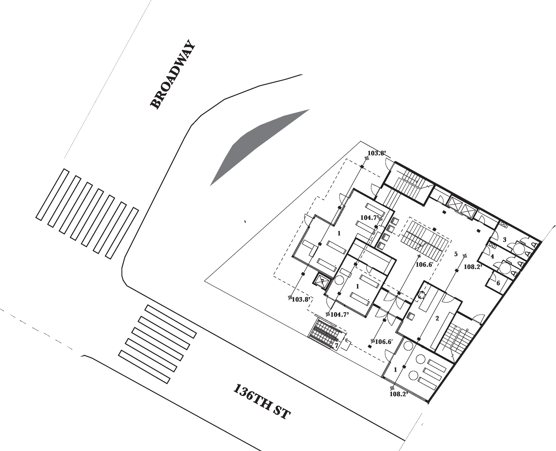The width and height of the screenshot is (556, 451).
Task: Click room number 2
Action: (437, 318)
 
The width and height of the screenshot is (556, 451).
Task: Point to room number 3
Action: (505, 240)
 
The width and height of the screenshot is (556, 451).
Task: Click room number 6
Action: (498, 283)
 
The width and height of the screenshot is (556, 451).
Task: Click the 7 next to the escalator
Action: (336, 346)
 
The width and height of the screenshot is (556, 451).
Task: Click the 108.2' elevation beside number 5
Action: (473, 266)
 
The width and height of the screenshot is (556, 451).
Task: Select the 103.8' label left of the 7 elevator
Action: (301, 299)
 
